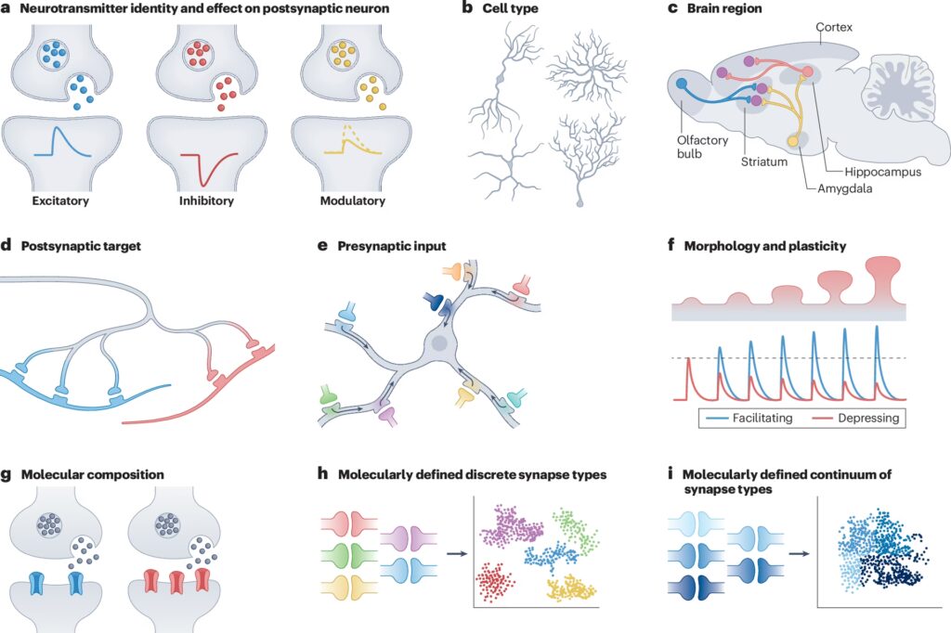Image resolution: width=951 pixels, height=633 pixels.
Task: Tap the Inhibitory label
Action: point(207,200)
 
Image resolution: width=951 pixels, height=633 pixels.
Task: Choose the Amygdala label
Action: point(844,188)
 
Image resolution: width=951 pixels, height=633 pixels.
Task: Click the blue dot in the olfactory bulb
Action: point(683,84)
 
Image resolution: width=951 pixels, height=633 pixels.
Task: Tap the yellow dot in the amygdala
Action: point(793,141)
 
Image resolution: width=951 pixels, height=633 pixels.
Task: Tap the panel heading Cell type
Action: point(513,9)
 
